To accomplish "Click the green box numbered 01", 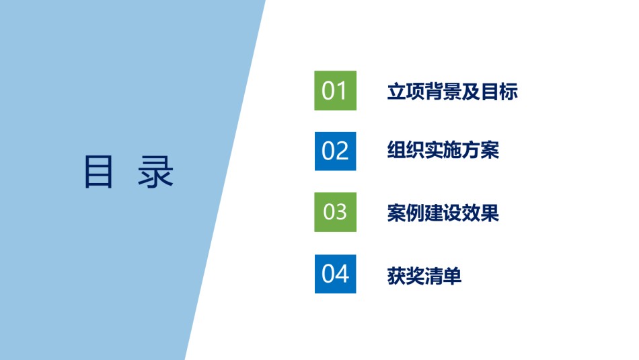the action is click(x=335, y=91).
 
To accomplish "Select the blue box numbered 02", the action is click(x=335, y=151).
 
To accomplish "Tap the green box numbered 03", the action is click(x=335, y=212).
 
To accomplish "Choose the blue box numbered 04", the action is click(x=335, y=274).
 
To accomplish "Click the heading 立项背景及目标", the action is click(x=453, y=92).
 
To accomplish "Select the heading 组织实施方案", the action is click(x=443, y=150).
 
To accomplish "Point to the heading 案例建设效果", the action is click(x=443, y=213).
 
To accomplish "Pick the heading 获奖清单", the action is click(x=424, y=276).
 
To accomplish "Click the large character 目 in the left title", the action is click(x=98, y=172).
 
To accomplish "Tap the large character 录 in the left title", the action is click(x=155, y=172).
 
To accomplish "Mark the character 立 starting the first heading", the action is click(x=397, y=92).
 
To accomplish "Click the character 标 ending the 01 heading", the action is click(x=509, y=92).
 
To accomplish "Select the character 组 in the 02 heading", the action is click(x=397, y=150).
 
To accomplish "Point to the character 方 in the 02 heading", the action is click(x=471, y=150).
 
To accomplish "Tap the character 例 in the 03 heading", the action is click(x=415, y=213).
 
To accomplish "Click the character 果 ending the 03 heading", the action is click(x=490, y=213).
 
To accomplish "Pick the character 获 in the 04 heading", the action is click(x=397, y=276).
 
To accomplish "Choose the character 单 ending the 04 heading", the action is click(x=453, y=276).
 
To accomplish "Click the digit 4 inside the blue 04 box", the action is click(x=342, y=274).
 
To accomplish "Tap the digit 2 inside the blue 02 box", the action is click(x=342, y=151).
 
